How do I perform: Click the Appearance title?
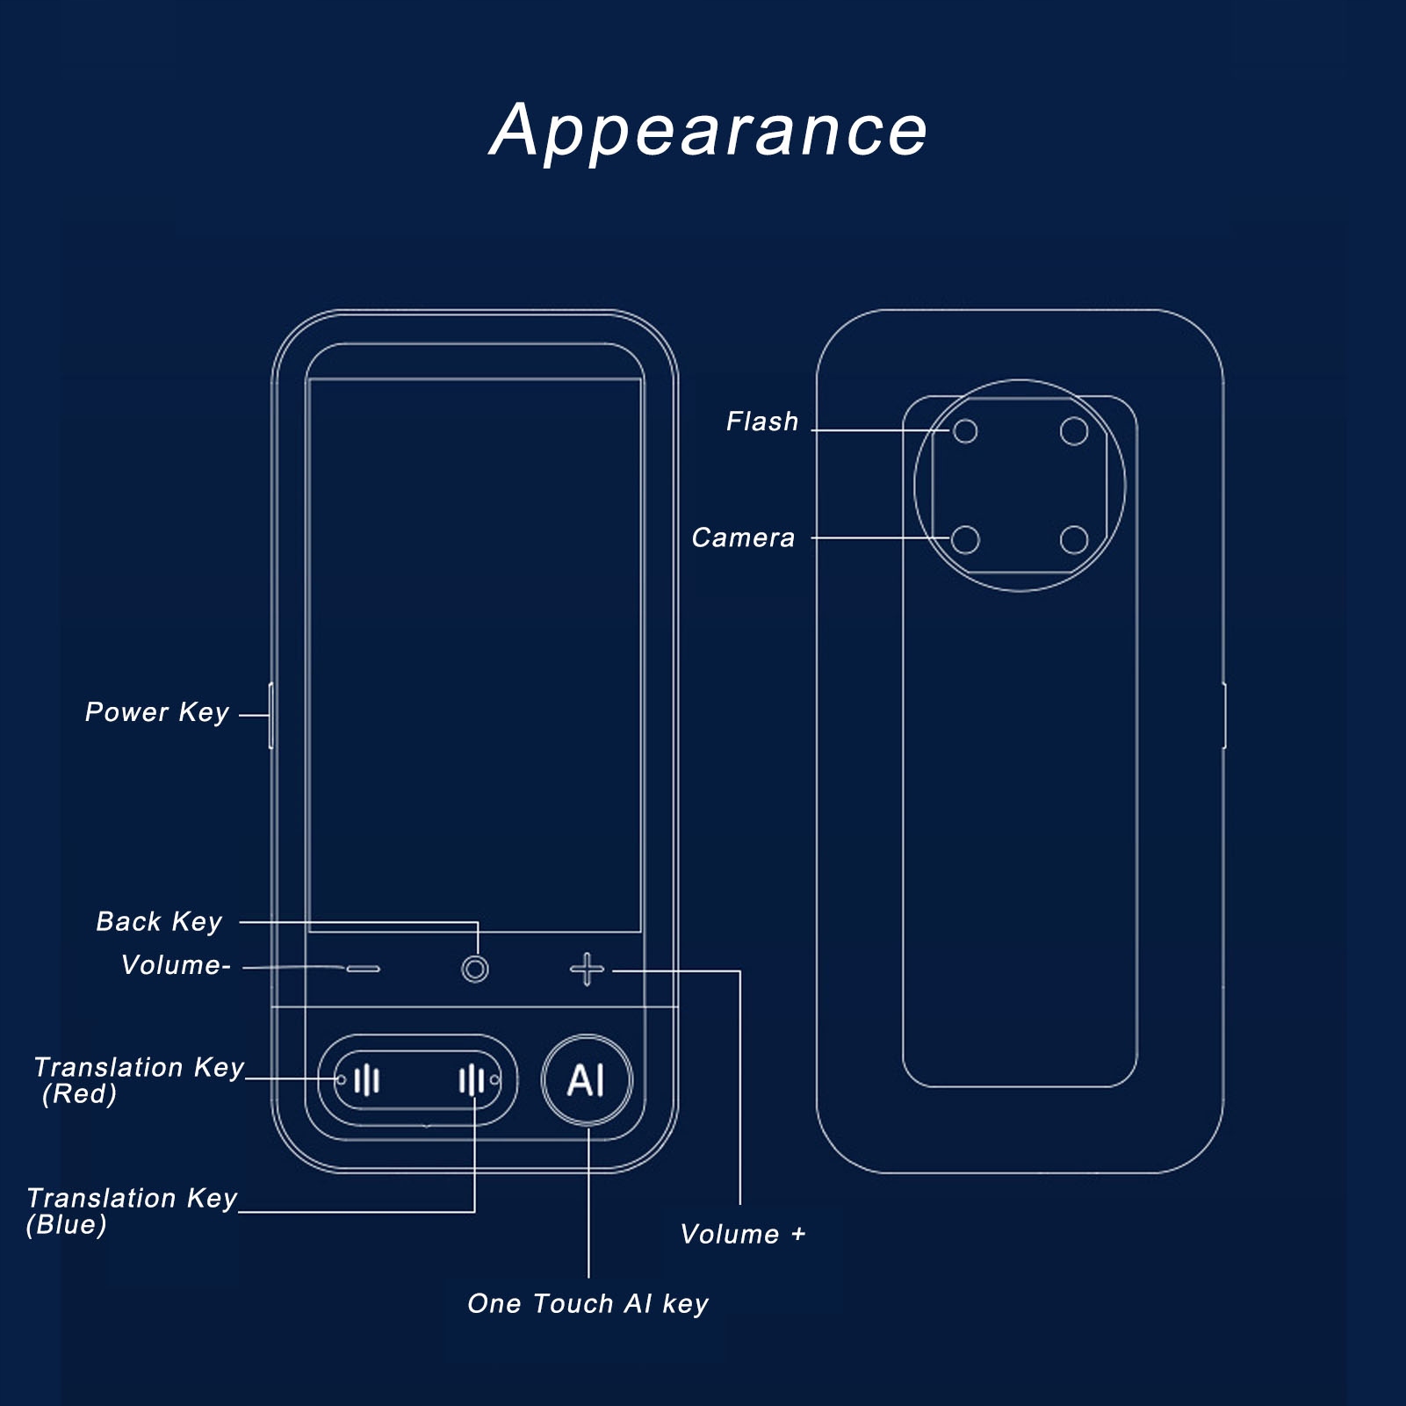(708, 131)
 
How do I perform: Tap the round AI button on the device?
(587, 1079)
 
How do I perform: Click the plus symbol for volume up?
(587, 970)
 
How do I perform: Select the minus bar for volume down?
(363, 969)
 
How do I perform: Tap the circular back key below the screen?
(475, 970)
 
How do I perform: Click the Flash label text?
(762, 422)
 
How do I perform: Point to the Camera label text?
(743, 537)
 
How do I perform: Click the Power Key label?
(157, 712)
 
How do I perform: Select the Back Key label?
(159, 921)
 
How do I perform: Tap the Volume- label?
(176, 965)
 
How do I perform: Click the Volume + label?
(743, 1234)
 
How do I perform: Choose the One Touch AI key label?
(588, 1304)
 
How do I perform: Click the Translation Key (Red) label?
(138, 1079)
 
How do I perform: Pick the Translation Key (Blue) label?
(132, 1210)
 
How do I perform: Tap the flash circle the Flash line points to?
(965, 431)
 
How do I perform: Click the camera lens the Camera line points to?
(965, 539)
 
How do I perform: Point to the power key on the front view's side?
(271, 716)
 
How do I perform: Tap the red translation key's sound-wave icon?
(367, 1080)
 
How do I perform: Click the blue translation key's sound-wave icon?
(472, 1080)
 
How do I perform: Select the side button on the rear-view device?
(1224, 716)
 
